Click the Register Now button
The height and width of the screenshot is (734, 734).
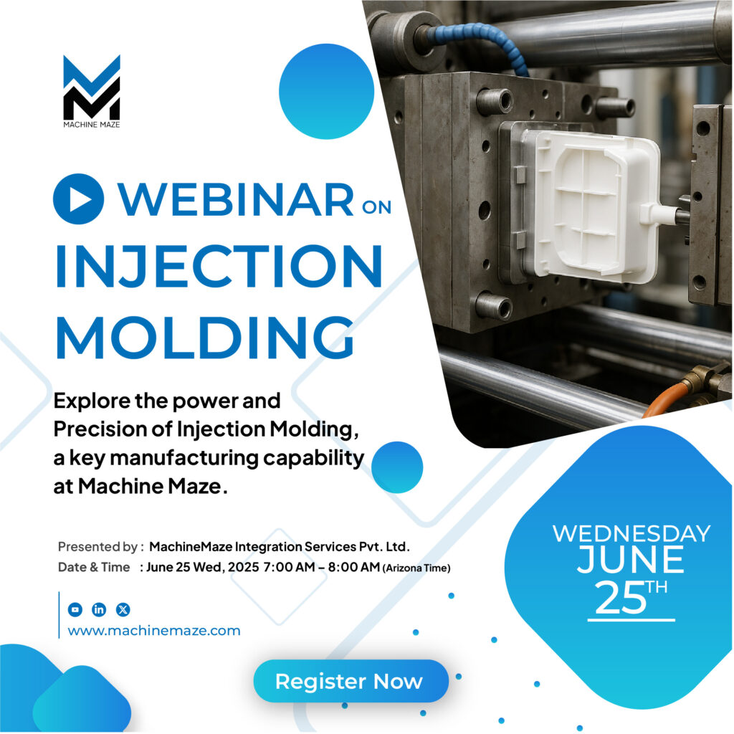(x=350, y=681)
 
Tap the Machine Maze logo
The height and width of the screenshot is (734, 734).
(x=91, y=89)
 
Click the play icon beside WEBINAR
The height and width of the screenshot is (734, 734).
(x=79, y=199)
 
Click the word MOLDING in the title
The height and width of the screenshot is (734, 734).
(x=204, y=335)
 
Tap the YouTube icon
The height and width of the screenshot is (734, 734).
(x=75, y=609)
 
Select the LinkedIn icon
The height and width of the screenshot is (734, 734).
(x=99, y=609)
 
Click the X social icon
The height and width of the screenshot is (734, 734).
(x=123, y=609)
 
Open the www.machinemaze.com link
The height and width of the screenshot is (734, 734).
(x=154, y=631)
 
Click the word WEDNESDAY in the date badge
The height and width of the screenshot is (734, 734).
(x=631, y=533)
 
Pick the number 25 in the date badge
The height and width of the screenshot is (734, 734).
(x=619, y=599)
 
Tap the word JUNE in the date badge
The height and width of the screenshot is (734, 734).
(x=631, y=561)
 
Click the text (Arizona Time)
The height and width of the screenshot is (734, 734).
(x=416, y=568)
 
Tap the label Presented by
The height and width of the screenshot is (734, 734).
(x=97, y=547)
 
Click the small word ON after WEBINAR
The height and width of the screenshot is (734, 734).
(x=377, y=208)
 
